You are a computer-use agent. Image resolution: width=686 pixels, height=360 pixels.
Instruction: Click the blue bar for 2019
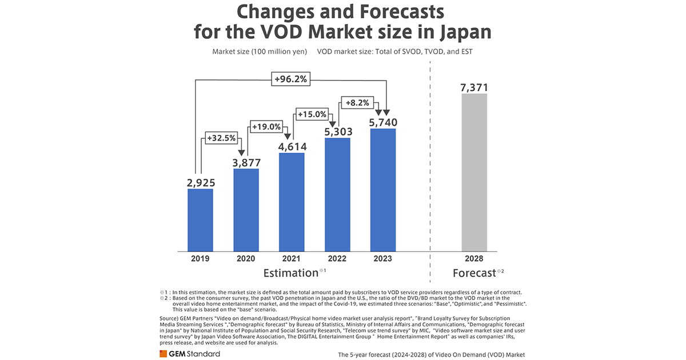click(200, 219)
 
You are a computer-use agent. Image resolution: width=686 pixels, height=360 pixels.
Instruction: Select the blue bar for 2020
click(246, 210)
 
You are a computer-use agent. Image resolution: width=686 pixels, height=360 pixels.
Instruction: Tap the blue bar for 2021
click(292, 202)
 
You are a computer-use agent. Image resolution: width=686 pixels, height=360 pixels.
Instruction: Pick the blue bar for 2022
click(337, 194)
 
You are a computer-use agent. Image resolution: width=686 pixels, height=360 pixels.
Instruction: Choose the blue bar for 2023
click(383, 190)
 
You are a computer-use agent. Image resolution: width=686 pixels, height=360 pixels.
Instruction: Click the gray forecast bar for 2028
click(474, 172)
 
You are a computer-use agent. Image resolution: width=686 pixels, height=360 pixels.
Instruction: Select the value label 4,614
click(292, 147)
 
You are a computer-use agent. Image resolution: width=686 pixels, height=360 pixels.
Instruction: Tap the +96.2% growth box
click(291, 79)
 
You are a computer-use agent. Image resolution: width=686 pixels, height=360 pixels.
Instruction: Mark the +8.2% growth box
click(358, 103)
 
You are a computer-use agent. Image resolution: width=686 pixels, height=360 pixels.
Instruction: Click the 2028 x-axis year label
click(474, 258)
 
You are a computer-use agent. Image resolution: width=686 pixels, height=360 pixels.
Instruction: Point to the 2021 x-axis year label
click(292, 258)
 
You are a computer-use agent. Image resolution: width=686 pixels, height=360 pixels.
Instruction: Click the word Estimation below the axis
click(290, 273)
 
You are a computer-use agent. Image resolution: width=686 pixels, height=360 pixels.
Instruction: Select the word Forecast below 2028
click(473, 273)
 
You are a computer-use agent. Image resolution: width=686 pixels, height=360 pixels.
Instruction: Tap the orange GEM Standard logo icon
click(163, 354)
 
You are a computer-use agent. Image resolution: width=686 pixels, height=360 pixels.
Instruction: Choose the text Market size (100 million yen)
click(260, 51)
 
